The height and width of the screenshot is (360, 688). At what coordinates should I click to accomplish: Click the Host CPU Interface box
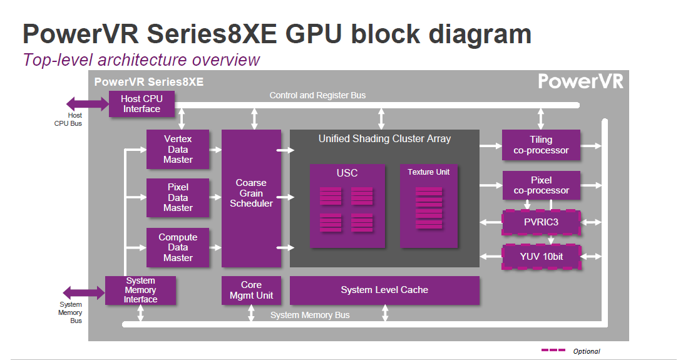[x=141, y=104]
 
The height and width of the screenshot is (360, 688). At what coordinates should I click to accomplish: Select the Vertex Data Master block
[x=178, y=150]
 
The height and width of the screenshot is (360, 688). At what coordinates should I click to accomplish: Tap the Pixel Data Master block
[x=178, y=198]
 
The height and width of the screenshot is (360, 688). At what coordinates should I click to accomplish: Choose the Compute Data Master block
[x=178, y=247]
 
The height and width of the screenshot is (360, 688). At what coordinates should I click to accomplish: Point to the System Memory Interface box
[x=140, y=291]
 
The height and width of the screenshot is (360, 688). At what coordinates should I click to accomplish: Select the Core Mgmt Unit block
[x=251, y=291]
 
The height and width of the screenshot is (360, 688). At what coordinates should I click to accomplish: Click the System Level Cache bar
[x=384, y=290]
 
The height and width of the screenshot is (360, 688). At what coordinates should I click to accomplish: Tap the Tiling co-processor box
[x=541, y=145]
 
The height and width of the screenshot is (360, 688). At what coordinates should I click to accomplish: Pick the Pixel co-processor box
[x=541, y=185]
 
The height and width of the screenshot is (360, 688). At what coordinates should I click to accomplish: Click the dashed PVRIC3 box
[x=542, y=222]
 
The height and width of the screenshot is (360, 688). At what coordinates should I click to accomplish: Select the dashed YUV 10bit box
[x=542, y=257]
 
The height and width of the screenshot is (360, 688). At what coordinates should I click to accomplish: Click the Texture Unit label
[x=428, y=172]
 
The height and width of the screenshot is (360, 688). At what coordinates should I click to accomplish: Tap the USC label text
[x=347, y=173]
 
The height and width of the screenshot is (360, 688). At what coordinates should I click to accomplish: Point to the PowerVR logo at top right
[x=580, y=82]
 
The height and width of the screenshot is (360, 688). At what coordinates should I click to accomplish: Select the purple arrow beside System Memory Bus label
[x=83, y=292]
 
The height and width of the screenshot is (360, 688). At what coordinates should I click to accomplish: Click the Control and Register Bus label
[x=317, y=95]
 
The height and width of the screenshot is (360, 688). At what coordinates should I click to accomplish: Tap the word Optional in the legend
[x=587, y=351]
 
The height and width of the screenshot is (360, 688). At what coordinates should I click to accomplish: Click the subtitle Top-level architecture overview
[x=141, y=60]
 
